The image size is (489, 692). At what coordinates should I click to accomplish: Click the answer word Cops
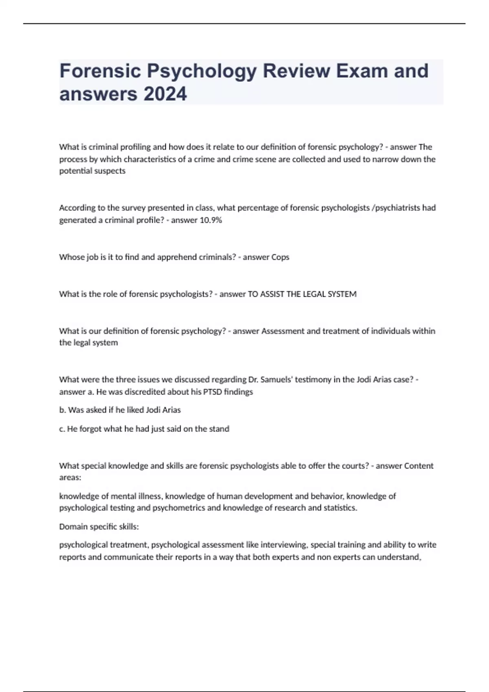(280, 257)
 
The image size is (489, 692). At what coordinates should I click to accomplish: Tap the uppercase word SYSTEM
(342, 294)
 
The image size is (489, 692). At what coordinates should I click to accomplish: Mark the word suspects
(110, 171)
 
